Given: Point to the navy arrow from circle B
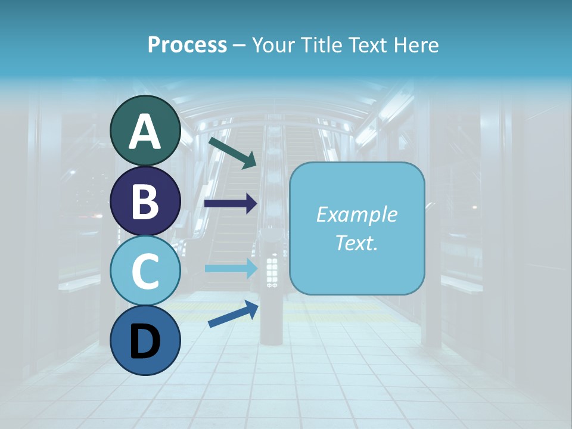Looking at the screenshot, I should point(231,204).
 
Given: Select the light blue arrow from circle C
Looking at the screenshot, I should point(231,268).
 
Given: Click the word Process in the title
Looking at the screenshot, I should point(187,45).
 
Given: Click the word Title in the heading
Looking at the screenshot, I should point(318,45).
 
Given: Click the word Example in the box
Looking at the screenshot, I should point(357,214).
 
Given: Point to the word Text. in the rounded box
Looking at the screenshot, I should point(357,243).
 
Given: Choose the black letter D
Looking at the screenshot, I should point(145,342).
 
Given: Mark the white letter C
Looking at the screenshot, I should point(145,272).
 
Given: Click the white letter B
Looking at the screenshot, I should point(145,201).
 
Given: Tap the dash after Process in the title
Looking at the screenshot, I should point(239,45).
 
